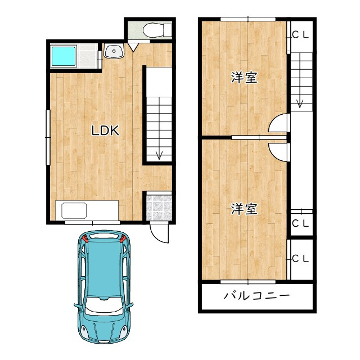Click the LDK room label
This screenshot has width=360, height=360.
click(x=105, y=130)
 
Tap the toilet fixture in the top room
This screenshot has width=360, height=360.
click(x=157, y=30)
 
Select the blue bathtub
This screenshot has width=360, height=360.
click(x=64, y=56)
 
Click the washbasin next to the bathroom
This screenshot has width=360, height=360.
click(x=114, y=51)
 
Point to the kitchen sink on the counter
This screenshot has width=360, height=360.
click(x=74, y=210)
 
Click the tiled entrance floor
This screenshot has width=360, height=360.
click(x=159, y=208)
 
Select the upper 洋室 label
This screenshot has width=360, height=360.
click(x=244, y=78)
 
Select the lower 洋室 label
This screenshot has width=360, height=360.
click(x=244, y=209)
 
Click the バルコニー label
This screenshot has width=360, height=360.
click(x=256, y=296)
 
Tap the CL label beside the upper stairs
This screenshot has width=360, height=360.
click(x=300, y=35)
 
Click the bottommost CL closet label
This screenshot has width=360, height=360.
click(x=300, y=259)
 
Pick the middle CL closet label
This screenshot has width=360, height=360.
click(x=300, y=223)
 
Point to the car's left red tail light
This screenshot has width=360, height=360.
click(x=85, y=238)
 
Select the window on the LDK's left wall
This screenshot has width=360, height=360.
click(x=48, y=137)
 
